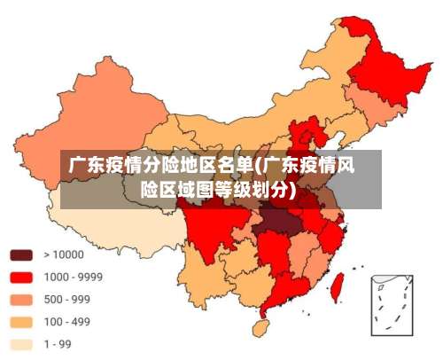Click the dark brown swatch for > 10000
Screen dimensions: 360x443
22,254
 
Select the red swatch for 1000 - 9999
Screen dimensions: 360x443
22,276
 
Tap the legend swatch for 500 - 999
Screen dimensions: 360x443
22,298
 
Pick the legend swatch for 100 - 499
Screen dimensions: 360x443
22,320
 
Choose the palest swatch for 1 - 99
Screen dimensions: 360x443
22,343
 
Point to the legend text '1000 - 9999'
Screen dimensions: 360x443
73,276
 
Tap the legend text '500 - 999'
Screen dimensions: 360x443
66,298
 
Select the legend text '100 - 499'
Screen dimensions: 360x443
66,320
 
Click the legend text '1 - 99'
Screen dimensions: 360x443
58,343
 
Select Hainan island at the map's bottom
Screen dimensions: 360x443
261,327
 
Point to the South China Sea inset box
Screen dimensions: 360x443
391,303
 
